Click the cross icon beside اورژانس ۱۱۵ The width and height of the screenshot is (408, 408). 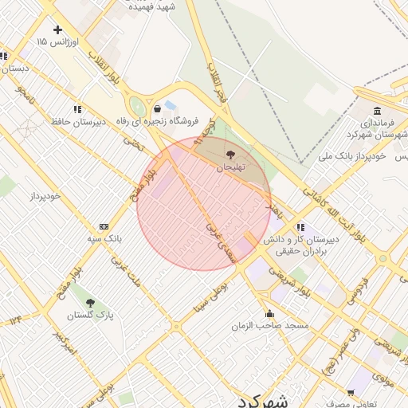[57, 29]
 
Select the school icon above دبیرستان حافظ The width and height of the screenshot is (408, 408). [77, 108]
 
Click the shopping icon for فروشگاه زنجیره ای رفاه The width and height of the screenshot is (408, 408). [157, 108]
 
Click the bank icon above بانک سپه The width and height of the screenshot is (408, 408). [104, 227]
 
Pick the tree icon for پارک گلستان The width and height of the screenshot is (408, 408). [90, 303]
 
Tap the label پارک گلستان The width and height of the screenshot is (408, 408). [90, 316]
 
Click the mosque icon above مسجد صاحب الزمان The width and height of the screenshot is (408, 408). [269, 313]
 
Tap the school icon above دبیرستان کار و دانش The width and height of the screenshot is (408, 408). [300, 227]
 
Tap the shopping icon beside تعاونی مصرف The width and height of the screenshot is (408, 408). [351, 393]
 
